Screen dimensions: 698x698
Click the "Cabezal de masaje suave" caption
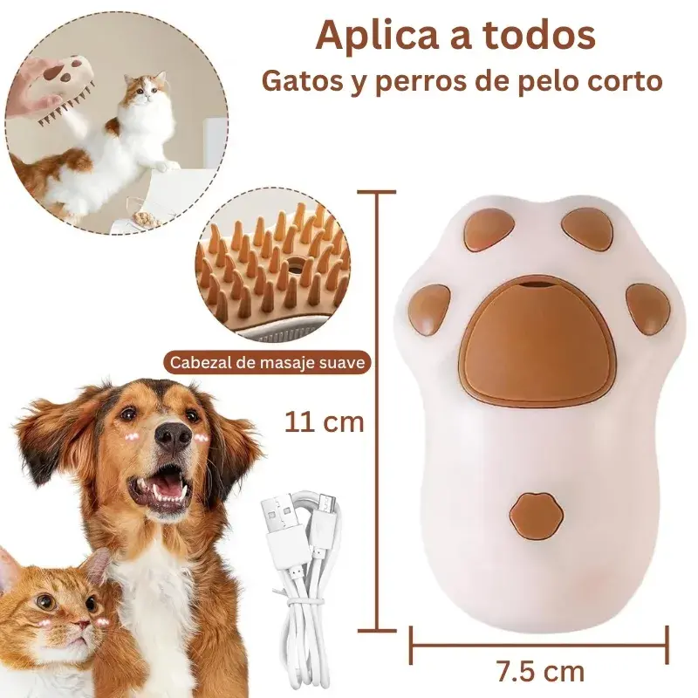[267, 362]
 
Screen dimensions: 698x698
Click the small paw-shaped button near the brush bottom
[532, 515]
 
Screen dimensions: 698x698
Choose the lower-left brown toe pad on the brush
[430, 310]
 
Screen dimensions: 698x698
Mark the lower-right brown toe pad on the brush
[647, 308]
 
